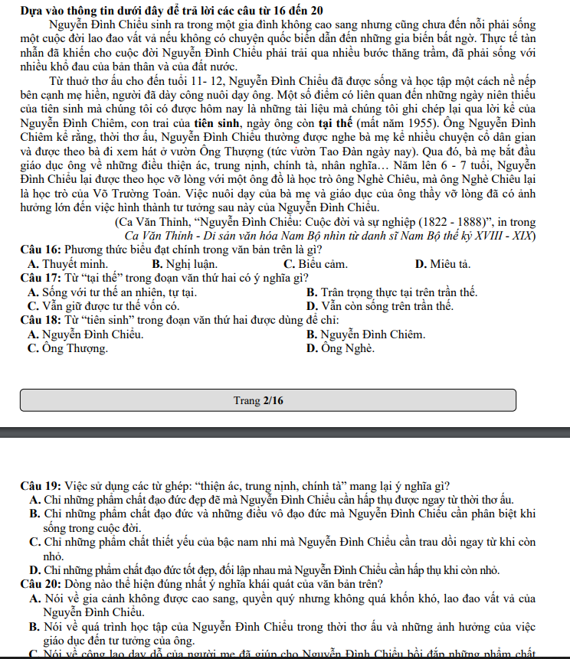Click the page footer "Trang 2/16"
pyautogui.click(x=258, y=400)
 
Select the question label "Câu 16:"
pyautogui.click(x=42, y=250)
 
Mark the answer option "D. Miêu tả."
pyautogui.click(x=442, y=264)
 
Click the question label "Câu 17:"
pyautogui.click(x=42, y=278)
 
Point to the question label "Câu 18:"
pyautogui.click(x=42, y=320)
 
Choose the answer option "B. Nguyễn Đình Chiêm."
pyautogui.click(x=365, y=334)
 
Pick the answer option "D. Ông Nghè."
pyautogui.click(x=340, y=348)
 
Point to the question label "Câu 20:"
pyautogui.click(x=42, y=582)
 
